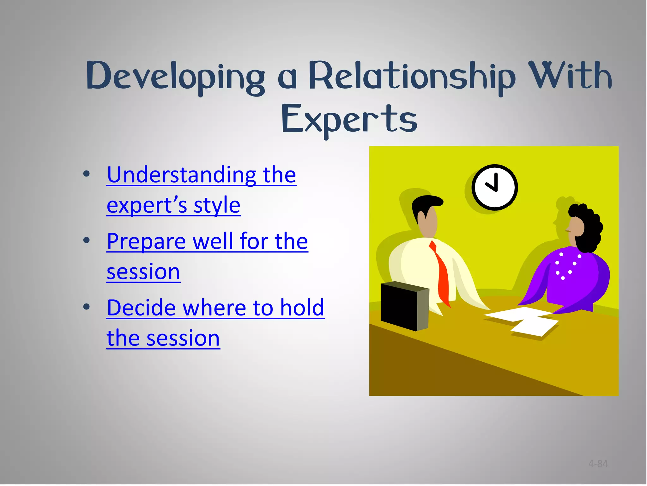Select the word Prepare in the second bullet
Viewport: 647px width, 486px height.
coord(146,241)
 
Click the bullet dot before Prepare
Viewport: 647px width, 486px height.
coord(86,240)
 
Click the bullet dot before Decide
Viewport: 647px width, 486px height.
coord(86,307)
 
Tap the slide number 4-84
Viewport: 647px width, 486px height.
coord(598,464)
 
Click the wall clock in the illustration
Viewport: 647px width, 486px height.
coord(494,187)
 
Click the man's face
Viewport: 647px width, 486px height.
coord(428,221)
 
